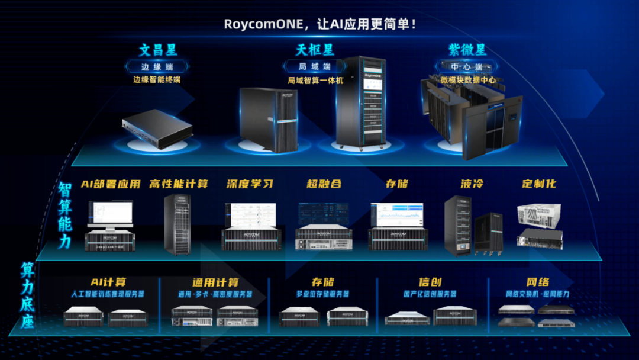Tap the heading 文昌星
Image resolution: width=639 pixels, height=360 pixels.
click(158, 50)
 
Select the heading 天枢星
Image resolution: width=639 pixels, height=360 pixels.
click(315, 50)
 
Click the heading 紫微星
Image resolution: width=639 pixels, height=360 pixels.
click(467, 50)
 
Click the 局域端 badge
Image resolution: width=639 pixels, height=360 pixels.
click(314, 66)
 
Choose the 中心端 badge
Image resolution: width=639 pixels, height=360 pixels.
click(467, 66)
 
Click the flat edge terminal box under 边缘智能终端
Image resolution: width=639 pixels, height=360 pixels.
click(157, 126)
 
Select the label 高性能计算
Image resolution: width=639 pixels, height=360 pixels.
click(179, 184)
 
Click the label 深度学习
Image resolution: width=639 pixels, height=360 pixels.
click(250, 184)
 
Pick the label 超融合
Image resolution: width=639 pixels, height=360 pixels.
click(324, 184)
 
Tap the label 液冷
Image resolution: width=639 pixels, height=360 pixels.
click(472, 184)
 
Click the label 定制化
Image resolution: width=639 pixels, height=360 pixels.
click(538, 184)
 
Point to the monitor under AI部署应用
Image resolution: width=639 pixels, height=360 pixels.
click(111, 214)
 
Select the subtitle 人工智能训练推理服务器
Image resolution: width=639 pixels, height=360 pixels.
click(108, 294)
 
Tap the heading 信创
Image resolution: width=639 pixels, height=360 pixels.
click(430, 282)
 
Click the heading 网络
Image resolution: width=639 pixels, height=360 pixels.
click(537, 282)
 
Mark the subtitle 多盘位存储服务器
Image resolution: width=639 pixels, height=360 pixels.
click(322, 294)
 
